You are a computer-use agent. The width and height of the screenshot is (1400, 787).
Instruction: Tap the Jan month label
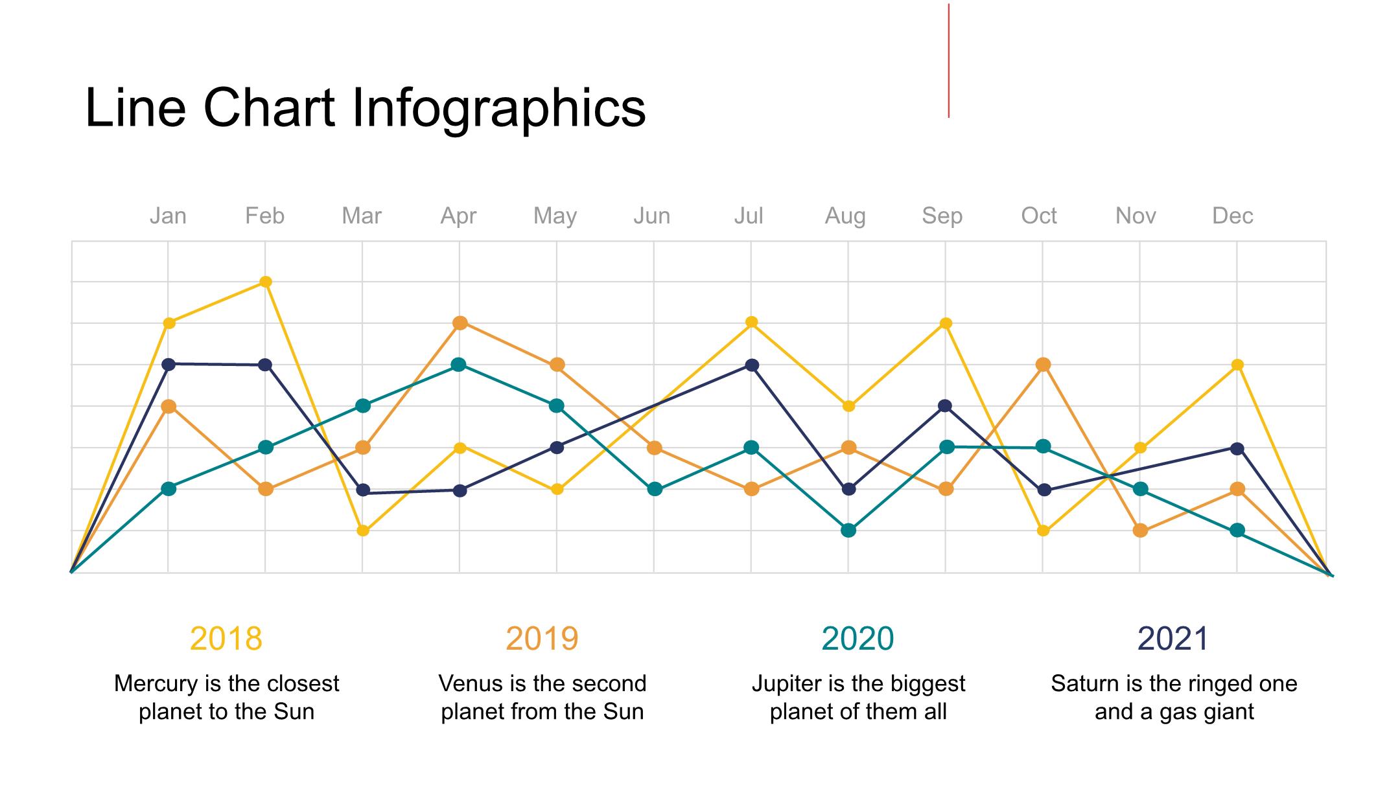pos(168,216)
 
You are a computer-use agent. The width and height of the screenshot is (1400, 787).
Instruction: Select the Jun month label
pos(651,216)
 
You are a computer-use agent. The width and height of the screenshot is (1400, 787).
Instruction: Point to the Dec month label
pos(1232,216)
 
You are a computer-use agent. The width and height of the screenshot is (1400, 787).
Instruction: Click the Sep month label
pos(942,216)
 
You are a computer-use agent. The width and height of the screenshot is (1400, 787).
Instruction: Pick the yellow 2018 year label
pos(226,639)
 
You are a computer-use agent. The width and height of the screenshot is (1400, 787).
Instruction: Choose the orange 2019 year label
pos(542,639)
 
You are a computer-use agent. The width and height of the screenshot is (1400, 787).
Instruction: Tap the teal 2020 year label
pos(857,639)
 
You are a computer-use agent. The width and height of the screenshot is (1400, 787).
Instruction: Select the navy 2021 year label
pos(1173,639)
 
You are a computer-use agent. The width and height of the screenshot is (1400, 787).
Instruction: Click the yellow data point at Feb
pos(266,282)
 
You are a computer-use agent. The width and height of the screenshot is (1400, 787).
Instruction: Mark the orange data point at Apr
pos(460,323)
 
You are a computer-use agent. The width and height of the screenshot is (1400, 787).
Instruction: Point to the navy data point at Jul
pos(752,365)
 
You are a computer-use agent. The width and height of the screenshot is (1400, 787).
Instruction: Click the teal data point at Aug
pos(848,530)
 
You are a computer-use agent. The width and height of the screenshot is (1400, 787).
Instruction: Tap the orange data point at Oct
pos(1043,365)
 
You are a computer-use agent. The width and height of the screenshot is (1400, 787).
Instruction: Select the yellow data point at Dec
pos(1237,365)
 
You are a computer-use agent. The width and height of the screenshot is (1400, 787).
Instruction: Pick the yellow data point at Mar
pos(363,530)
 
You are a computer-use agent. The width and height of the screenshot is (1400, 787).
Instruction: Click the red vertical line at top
pos(949,61)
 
